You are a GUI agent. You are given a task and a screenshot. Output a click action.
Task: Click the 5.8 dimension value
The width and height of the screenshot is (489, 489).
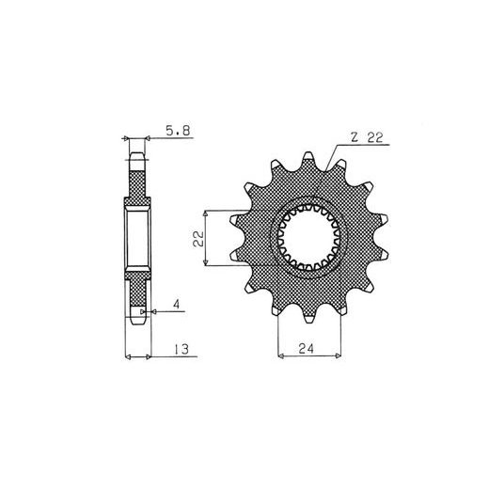coord(178,131)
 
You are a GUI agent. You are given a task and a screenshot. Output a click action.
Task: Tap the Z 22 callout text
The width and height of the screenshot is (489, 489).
coord(367,137)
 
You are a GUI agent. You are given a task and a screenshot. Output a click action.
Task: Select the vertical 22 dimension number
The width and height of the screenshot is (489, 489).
coord(198,239)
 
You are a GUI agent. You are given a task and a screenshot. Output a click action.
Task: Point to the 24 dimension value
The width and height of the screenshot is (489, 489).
coord(306,348)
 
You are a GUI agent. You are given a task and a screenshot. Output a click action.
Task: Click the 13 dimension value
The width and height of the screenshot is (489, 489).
coord(181,349)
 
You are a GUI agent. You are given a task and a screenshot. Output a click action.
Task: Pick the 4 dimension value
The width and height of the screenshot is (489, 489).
coord(177,304)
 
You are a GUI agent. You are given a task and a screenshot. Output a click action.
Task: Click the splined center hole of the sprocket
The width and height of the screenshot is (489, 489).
coord(309,238)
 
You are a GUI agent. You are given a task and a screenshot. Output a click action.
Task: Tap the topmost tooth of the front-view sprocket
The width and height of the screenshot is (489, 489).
coord(308,160)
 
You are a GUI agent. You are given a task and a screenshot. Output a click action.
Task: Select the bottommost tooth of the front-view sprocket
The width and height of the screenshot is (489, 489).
coord(309,316)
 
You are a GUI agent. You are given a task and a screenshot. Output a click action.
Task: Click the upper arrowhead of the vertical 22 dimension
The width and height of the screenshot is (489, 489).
coord(206,213)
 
